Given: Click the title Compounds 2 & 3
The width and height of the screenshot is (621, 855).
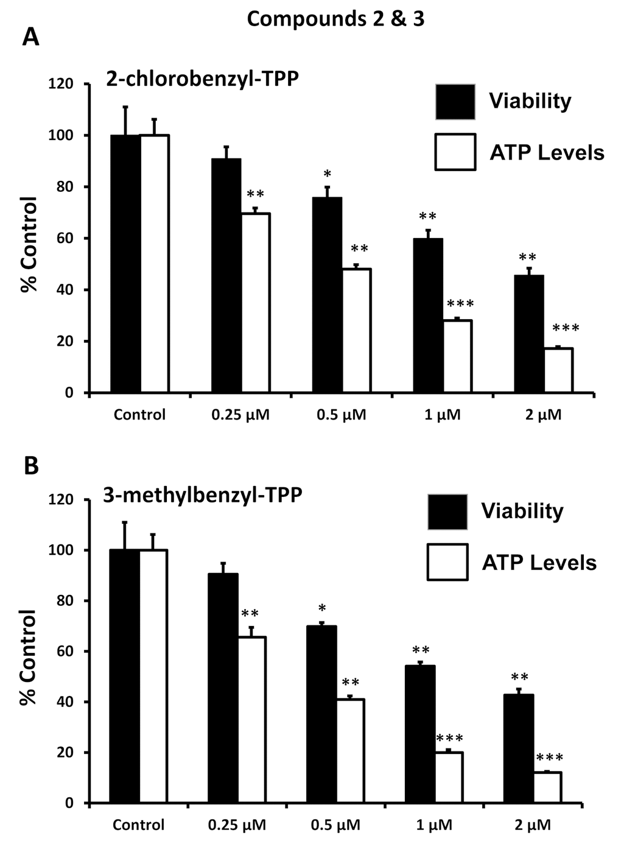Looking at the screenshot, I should pyautogui.click(x=335, y=19).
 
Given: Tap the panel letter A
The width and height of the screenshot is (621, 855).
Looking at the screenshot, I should pyautogui.click(x=30, y=38).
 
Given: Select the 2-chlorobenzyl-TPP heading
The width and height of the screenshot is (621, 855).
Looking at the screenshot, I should pyautogui.click(x=202, y=79).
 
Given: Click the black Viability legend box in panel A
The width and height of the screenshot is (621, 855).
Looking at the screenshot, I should pyautogui.click(x=455, y=101).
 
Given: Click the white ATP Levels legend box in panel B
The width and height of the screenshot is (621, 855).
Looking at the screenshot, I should pyautogui.click(x=447, y=561).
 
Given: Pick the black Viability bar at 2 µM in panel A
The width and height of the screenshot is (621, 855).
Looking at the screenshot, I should pyautogui.click(x=529, y=334).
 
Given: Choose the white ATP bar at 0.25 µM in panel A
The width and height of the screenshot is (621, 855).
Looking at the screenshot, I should pyautogui.click(x=256, y=303).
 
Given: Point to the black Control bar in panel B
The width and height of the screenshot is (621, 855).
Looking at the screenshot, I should pyautogui.click(x=124, y=676).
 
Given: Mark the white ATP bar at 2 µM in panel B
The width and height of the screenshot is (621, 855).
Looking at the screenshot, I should pyautogui.click(x=547, y=787).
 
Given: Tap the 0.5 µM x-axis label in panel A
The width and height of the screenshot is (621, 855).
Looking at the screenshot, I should pyautogui.click(x=341, y=415).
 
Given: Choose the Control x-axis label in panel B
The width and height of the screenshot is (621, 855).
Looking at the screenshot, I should pyautogui.click(x=138, y=825).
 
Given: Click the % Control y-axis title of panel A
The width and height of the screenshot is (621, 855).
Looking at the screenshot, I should pyautogui.click(x=29, y=244).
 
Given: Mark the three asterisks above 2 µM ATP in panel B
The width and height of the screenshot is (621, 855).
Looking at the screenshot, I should pyautogui.click(x=549, y=759).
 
